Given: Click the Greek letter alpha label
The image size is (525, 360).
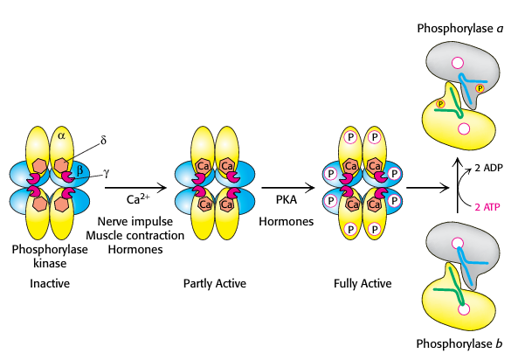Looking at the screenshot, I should pos(61,135).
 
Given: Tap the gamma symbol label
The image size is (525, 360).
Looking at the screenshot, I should pos(107,172).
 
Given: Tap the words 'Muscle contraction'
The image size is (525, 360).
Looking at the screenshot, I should pos(141,236).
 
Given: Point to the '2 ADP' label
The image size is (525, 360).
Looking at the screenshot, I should pos(482,167).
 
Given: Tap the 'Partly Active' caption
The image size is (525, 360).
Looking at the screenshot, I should pos(215,283).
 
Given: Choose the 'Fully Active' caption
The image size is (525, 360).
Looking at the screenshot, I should pos(363,283).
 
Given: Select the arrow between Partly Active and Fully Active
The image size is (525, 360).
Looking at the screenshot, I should pos(288,185).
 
